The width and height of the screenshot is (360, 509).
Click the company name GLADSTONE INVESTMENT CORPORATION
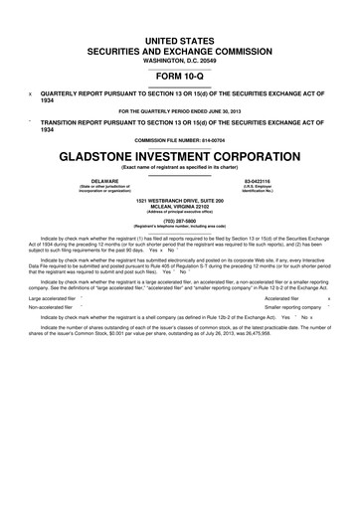[180, 157]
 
